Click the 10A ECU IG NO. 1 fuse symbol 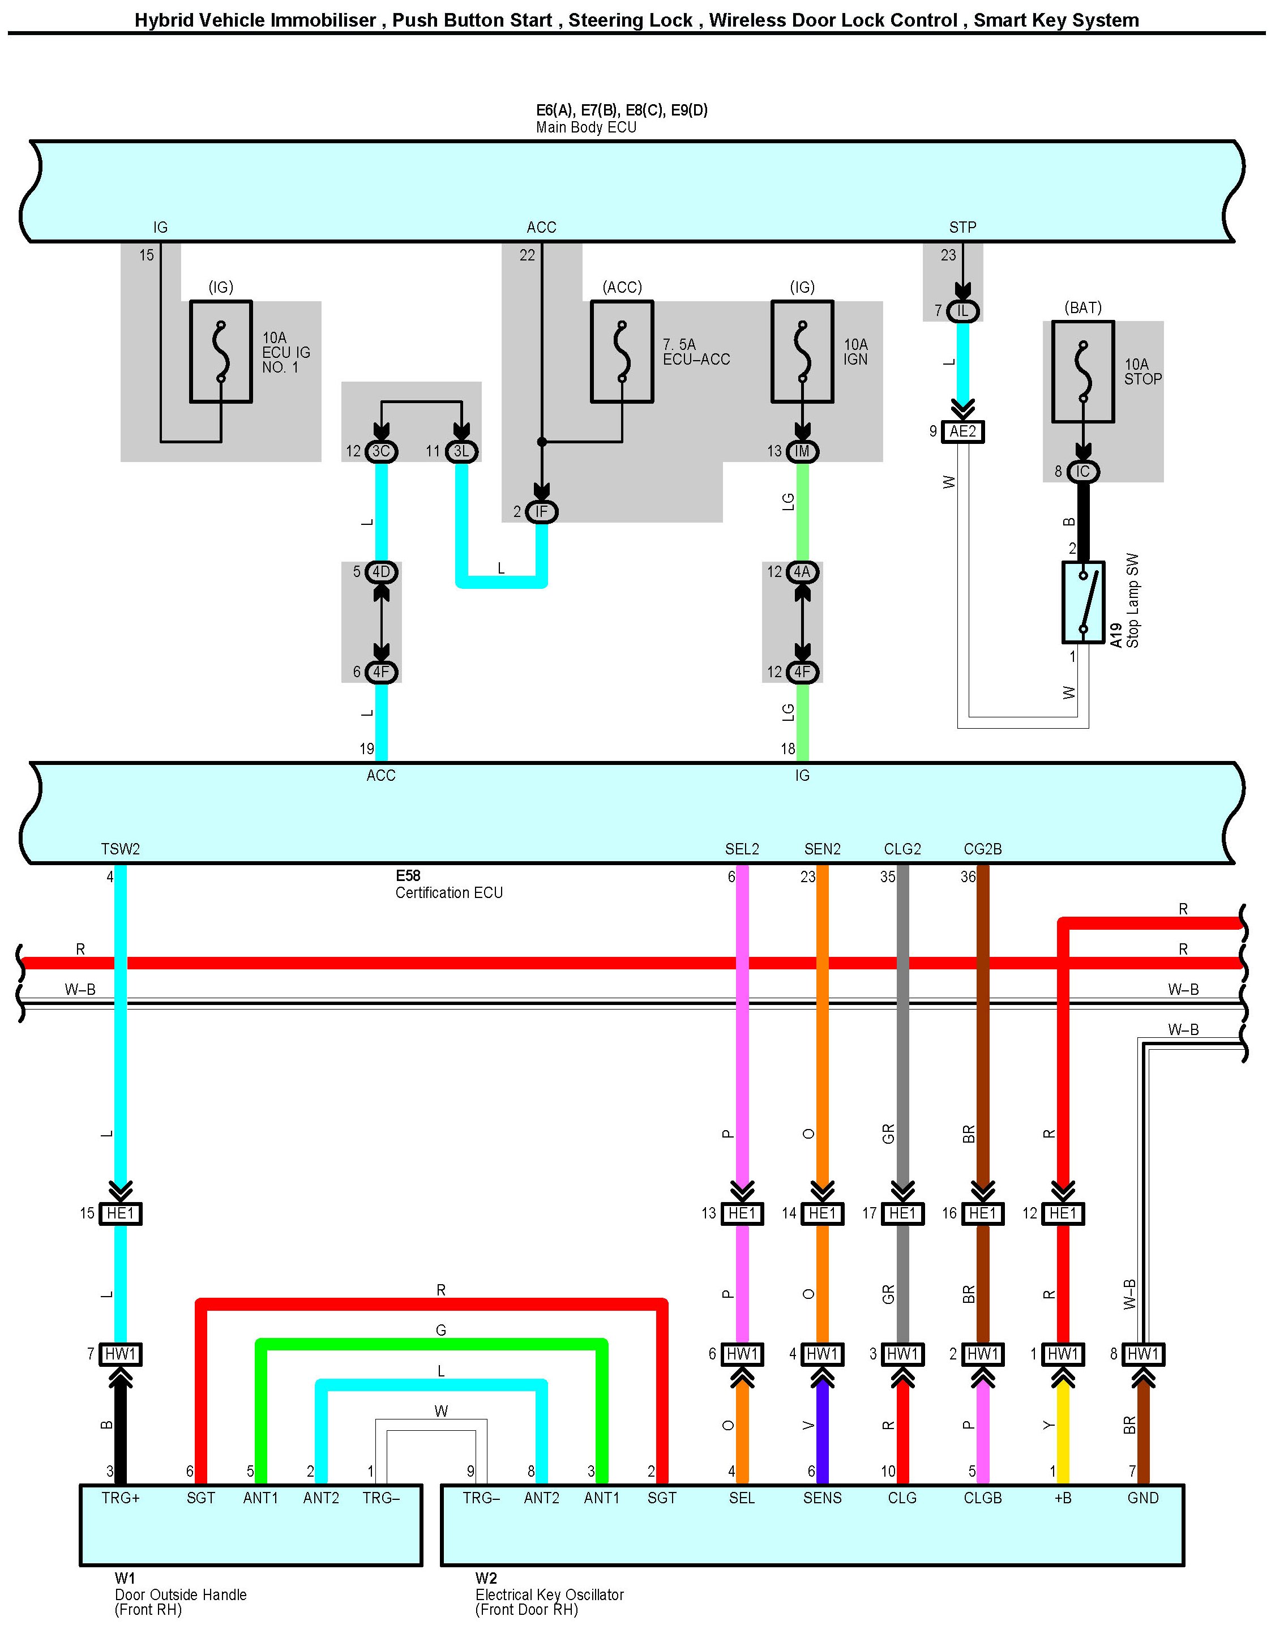tap(221, 352)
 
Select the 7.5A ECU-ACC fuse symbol tap(622, 352)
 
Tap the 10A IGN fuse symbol tap(802, 352)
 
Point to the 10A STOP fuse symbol tap(1082, 372)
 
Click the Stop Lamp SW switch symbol tap(1082, 602)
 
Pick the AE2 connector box tap(963, 431)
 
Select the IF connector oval tap(541, 512)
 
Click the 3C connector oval tap(381, 452)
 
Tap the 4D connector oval tap(381, 572)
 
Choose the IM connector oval tap(802, 452)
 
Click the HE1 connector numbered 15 tap(120, 1213)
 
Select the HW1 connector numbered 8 tap(1142, 1354)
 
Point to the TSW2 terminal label tap(120, 849)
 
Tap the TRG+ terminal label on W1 tap(120, 1498)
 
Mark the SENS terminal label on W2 tap(822, 1498)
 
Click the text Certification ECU tap(449, 892)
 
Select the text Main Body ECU tap(587, 127)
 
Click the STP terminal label tap(963, 227)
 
